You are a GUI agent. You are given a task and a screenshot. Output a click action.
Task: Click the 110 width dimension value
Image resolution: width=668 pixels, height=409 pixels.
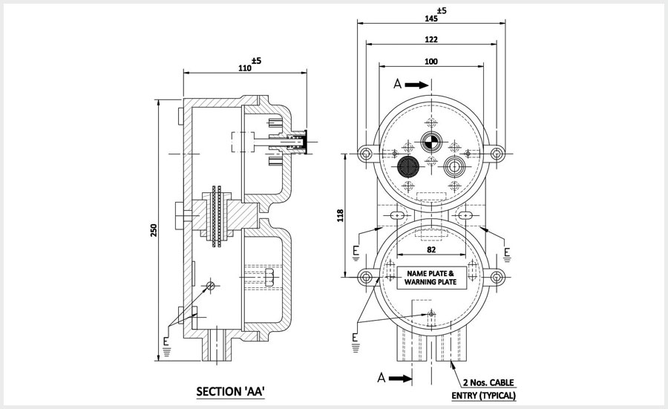point(243,68)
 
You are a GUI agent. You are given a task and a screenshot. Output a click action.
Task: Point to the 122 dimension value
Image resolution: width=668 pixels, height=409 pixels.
point(432,39)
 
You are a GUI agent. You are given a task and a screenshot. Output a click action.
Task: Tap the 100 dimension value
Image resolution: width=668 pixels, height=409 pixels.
point(432,62)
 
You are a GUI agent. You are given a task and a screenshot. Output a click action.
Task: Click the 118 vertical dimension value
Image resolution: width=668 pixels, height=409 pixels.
point(341,215)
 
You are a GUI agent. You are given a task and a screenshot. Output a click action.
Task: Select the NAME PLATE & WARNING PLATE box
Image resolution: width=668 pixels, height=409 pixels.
point(432,278)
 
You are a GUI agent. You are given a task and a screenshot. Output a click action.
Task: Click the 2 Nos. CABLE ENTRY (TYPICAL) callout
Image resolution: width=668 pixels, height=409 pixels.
point(483,389)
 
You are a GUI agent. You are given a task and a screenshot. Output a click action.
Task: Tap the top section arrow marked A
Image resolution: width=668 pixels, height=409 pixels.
point(413,85)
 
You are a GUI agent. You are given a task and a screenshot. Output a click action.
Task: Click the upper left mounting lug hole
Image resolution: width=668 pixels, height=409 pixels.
point(365,154)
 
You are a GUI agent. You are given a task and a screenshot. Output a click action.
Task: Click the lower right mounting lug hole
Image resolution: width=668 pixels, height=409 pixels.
point(498,278)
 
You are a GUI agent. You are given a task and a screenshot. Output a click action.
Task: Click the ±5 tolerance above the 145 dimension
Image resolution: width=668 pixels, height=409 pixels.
point(442,10)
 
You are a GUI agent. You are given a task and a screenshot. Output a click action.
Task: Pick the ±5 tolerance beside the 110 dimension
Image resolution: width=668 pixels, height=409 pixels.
point(255,61)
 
